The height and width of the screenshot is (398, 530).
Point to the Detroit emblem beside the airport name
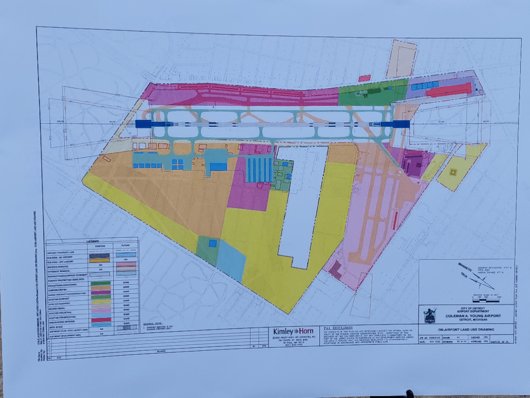[x=430, y=314]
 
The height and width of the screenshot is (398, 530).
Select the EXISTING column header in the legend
[x=99, y=246]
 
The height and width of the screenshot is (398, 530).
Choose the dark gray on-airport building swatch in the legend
[x=99, y=256]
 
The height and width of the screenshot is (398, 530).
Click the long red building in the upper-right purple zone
[x=448, y=90]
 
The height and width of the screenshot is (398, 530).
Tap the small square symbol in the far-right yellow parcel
[x=453, y=172]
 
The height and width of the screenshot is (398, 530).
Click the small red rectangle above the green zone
[x=364, y=78]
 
